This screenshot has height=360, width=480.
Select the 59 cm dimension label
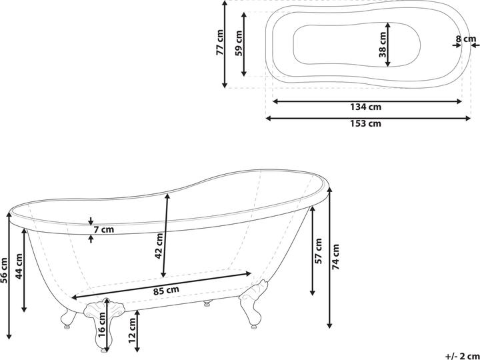[239, 44]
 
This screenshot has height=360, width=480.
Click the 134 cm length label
[365, 107]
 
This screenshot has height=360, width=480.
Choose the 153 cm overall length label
[365, 124]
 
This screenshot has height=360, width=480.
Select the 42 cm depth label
[159, 246]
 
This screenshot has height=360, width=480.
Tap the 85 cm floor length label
[165, 290]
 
